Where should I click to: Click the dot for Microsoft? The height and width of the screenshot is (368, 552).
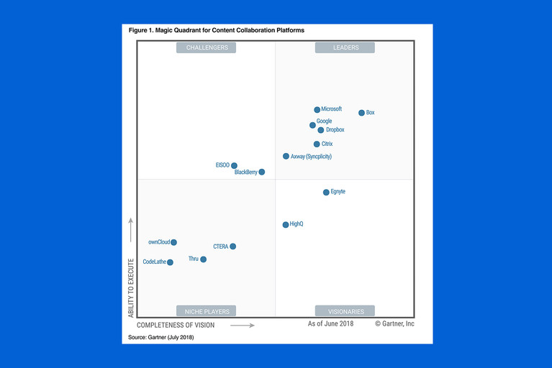(317, 110)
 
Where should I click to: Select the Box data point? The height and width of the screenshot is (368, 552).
(361, 113)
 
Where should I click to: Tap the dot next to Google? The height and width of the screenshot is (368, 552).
(312, 125)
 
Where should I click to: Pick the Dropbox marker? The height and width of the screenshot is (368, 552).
(320, 130)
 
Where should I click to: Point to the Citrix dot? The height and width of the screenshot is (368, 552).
(317, 144)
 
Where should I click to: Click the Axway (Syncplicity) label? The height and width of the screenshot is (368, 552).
(311, 156)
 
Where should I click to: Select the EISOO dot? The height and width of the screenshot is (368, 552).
(234, 165)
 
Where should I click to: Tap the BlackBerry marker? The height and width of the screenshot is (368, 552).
(262, 172)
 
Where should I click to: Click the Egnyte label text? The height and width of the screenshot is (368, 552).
(338, 192)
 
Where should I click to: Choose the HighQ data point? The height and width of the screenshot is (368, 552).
(286, 224)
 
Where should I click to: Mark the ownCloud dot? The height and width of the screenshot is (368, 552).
(173, 242)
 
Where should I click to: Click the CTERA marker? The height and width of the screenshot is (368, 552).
(232, 247)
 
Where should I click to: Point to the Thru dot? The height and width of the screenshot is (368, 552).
(203, 259)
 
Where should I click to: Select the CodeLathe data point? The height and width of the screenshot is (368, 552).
(170, 262)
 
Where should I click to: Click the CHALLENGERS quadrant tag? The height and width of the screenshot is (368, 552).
(207, 47)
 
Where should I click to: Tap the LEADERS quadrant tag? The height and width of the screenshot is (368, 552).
(345, 47)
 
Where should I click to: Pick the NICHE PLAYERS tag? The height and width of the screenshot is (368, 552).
(207, 311)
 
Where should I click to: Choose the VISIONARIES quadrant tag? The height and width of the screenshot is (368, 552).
(345, 311)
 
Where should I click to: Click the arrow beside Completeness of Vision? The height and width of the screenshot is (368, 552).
(243, 325)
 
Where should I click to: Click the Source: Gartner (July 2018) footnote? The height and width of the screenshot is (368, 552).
(161, 337)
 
